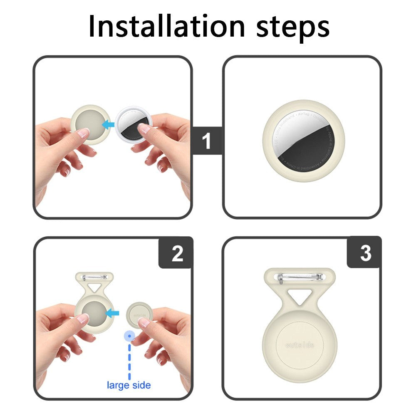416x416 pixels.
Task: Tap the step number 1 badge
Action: (x=207, y=141)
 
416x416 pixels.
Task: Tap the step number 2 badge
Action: (x=177, y=253)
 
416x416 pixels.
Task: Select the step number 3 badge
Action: (x=365, y=253)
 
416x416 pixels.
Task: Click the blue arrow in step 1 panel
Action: (x=109, y=124)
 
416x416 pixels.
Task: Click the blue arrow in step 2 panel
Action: (x=113, y=312)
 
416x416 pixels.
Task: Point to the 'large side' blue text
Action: (x=129, y=385)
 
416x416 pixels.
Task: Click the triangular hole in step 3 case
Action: (x=300, y=296)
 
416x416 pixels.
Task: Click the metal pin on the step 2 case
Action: (x=94, y=277)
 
